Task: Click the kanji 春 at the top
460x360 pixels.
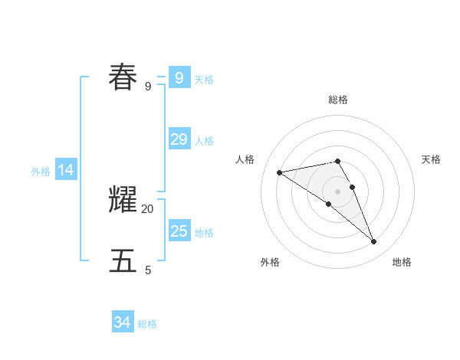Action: point(123,77)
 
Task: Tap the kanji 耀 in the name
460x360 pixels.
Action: point(123,200)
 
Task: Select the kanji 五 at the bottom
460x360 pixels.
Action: point(123,261)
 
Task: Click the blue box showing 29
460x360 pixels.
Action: point(179,139)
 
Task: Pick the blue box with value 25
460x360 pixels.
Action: point(179,231)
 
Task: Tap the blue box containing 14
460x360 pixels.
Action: point(66,170)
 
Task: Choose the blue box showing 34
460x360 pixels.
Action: point(122,322)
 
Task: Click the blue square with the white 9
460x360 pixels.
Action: point(179,77)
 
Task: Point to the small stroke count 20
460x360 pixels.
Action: point(148,208)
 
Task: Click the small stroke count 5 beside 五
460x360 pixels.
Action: point(148,270)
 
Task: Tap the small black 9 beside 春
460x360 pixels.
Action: point(148,86)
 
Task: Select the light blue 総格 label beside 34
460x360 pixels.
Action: point(147,324)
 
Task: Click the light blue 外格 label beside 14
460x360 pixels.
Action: point(41,172)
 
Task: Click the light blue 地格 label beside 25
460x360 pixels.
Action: point(204,233)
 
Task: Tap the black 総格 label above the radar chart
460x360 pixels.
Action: point(338,100)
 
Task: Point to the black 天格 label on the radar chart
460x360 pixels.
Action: point(432,159)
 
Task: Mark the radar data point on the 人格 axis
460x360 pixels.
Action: point(280,172)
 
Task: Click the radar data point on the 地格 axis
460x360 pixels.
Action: point(374,242)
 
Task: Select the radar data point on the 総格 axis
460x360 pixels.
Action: point(338,161)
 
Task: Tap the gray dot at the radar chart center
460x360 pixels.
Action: point(338,191)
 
